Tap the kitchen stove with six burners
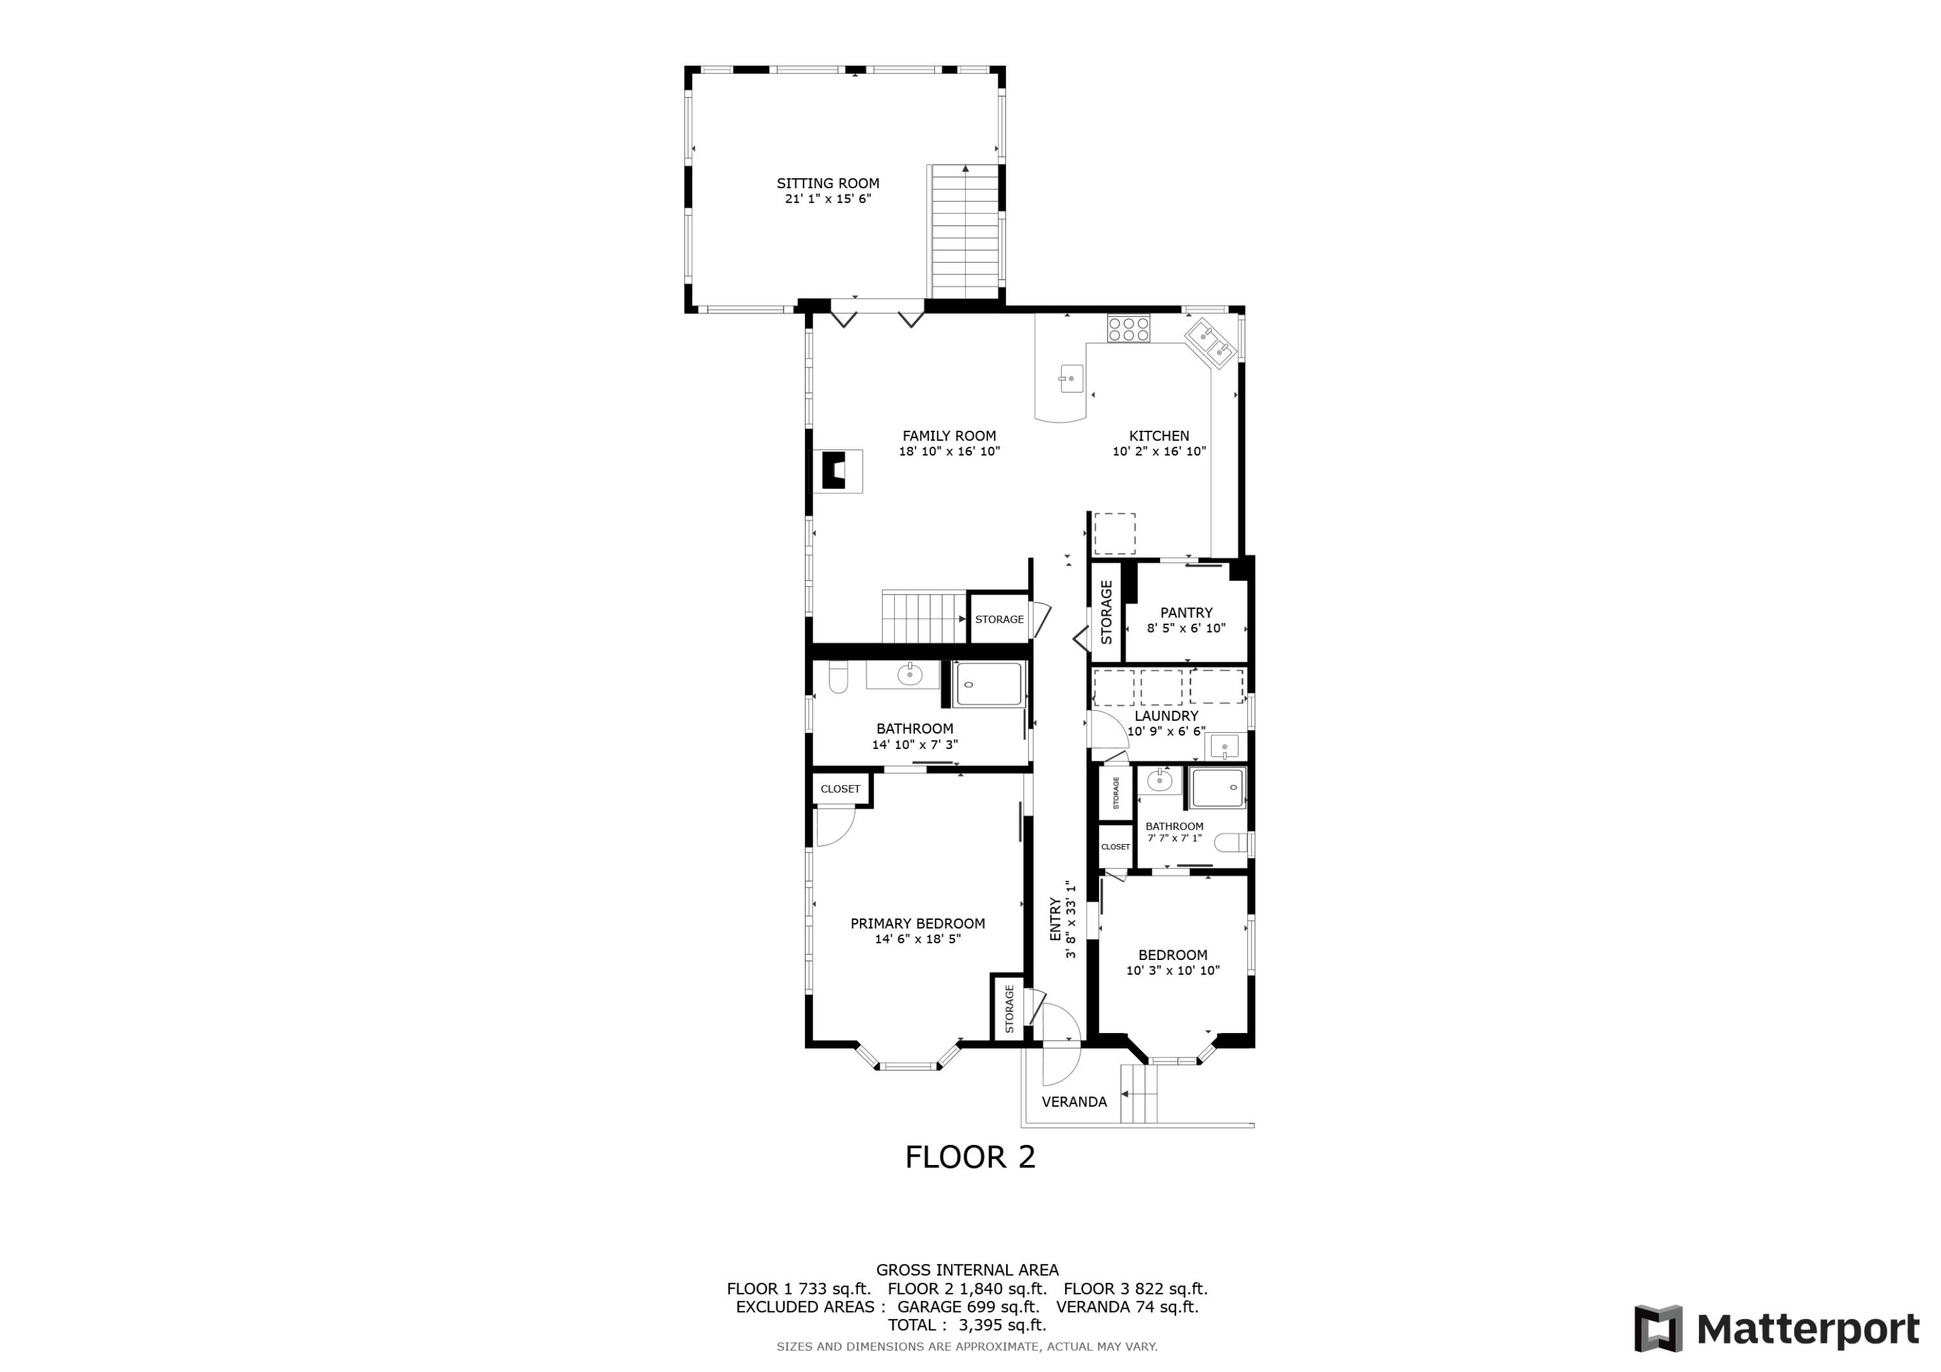[1128, 328]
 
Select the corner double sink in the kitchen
[1212, 343]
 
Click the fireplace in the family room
[243, 471]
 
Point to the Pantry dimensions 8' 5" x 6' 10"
[1185, 628]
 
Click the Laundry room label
[1166, 716]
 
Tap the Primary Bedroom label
[917, 924]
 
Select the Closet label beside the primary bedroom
[840, 789]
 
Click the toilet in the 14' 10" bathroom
[838, 678]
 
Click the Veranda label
[1073, 1102]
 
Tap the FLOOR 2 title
[970, 1157]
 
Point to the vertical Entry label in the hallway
[1055, 919]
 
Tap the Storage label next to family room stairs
[999, 620]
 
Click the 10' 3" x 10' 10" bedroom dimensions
[1172, 970]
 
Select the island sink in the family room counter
[1071, 378]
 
